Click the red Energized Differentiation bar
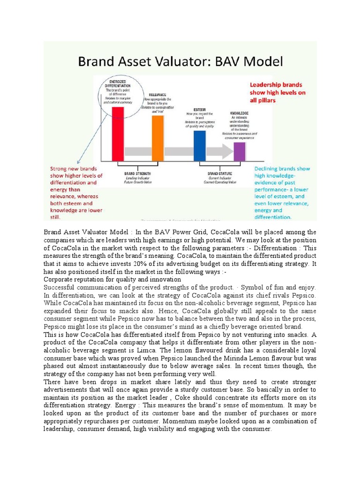pos(118,134)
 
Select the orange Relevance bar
pos(158,138)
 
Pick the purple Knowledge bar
pos(240,151)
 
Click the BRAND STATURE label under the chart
pos(219,173)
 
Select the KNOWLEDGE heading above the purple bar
pos(239,113)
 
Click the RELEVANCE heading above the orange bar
pos(157,94)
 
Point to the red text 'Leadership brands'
pos(276,85)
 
